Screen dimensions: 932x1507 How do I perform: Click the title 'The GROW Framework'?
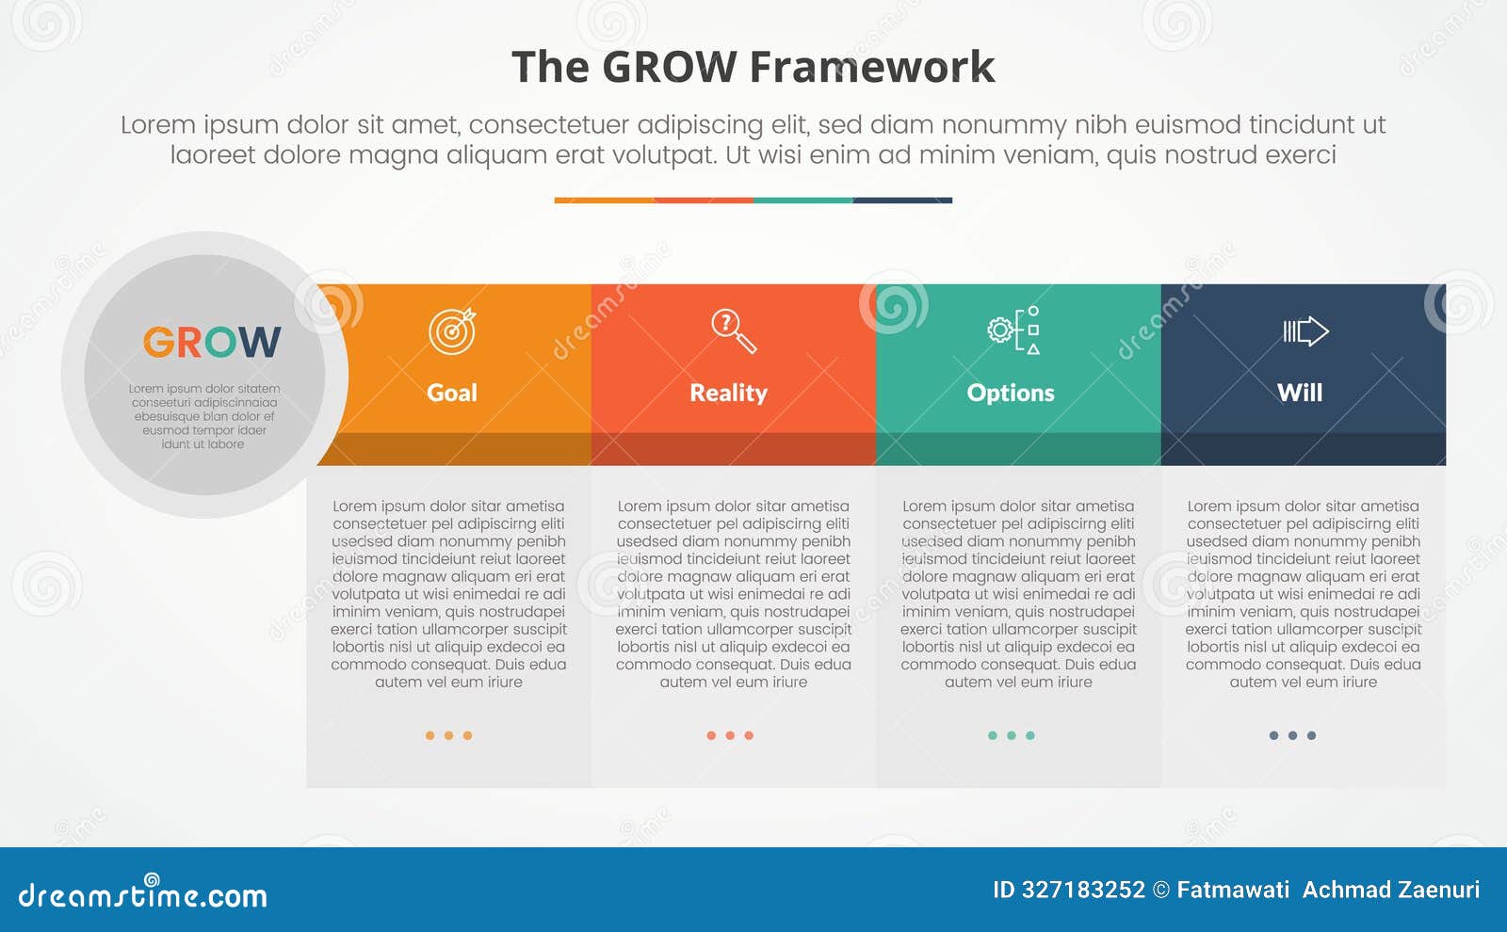point(753,68)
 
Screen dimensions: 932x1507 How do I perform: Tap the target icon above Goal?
point(452,331)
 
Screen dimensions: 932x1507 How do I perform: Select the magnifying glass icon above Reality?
point(733,331)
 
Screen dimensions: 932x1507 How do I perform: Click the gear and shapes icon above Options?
point(1014,330)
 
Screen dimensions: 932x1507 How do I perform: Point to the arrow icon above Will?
point(1305,331)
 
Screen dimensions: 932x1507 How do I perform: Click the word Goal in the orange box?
point(452,393)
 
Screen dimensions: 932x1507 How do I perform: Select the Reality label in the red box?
point(728,393)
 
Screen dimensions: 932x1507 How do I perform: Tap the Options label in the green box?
point(1011,393)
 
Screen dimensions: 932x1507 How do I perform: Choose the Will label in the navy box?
point(1300,393)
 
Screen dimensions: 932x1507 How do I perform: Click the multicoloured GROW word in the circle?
point(212,343)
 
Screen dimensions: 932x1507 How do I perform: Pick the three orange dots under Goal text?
point(448,735)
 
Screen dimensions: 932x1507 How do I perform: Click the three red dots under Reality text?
point(730,735)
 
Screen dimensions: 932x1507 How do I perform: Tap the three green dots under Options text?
point(1012,735)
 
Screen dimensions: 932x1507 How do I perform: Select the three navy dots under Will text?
point(1292,735)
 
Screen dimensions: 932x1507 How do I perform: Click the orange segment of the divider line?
point(604,201)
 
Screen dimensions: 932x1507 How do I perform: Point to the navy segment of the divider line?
point(902,201)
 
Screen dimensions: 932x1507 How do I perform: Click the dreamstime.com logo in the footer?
point(143,894)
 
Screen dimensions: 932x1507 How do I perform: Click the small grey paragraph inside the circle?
point(204,416)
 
